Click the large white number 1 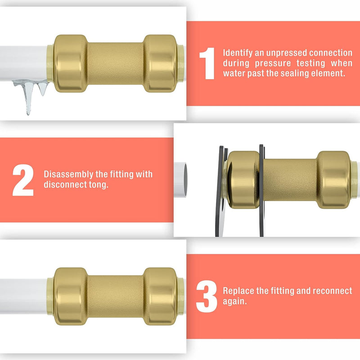click(207, 63)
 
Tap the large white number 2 click(23, 180)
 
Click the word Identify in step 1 click(237, 53)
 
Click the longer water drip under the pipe click(28, 97)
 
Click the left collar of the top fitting click(70, 63)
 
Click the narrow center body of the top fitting click(115, 63)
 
